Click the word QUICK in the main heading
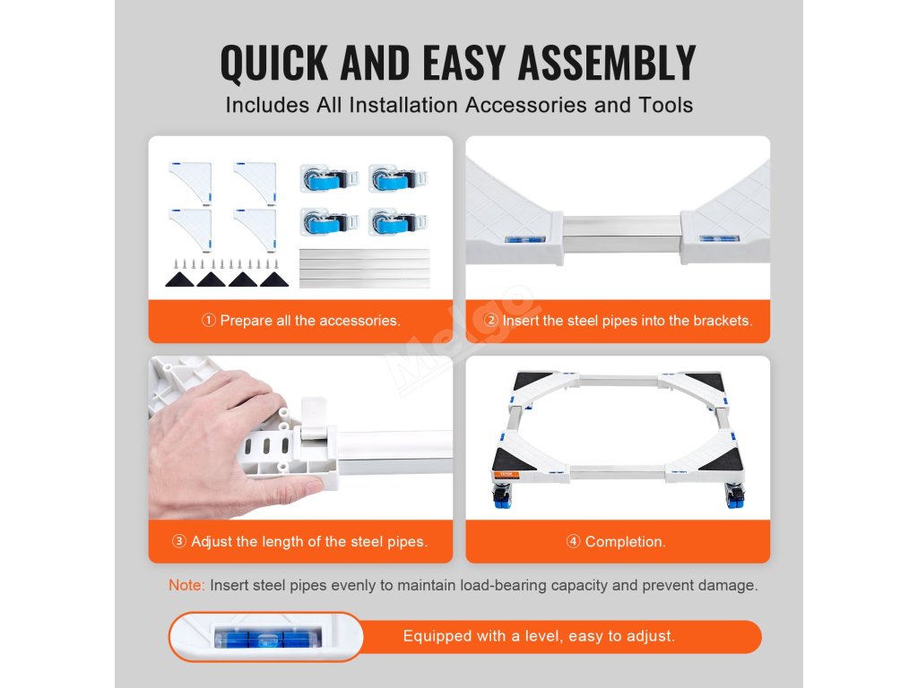coord(274,63)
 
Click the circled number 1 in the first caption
coord(208,320)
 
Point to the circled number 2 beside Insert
coord(491,320)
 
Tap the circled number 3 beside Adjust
coord(179,541)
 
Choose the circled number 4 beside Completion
coord(573,541)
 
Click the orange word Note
coord(185,585)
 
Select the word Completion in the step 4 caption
coord(625,542)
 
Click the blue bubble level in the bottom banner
coord(267,637)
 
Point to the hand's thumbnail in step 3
coord(315,484)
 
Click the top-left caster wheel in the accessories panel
coord(328,178)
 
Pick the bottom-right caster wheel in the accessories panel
coord(398,222)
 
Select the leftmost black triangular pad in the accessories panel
coord(179,279)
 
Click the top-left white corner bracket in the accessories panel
coord(190,183)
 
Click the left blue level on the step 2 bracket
coord(524,238)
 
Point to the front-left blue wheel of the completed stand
coord(502,497)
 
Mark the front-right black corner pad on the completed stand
coord(722,460)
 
